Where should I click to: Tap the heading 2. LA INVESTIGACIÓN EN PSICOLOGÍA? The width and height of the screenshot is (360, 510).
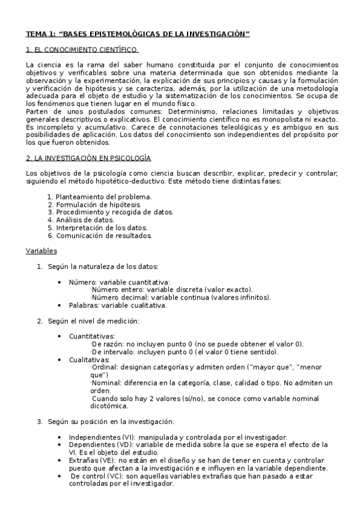click(88, 158)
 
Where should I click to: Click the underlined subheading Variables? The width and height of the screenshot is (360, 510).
click(41, 250)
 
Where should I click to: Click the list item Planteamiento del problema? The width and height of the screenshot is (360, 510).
click(103, 197)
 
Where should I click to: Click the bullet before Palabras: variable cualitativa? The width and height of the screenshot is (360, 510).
click(59, 306)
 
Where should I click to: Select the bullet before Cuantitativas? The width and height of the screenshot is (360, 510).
click(59, 336)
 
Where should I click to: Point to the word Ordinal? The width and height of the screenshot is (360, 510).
click(104, 367)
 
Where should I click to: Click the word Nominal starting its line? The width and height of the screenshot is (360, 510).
click(106, 383)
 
